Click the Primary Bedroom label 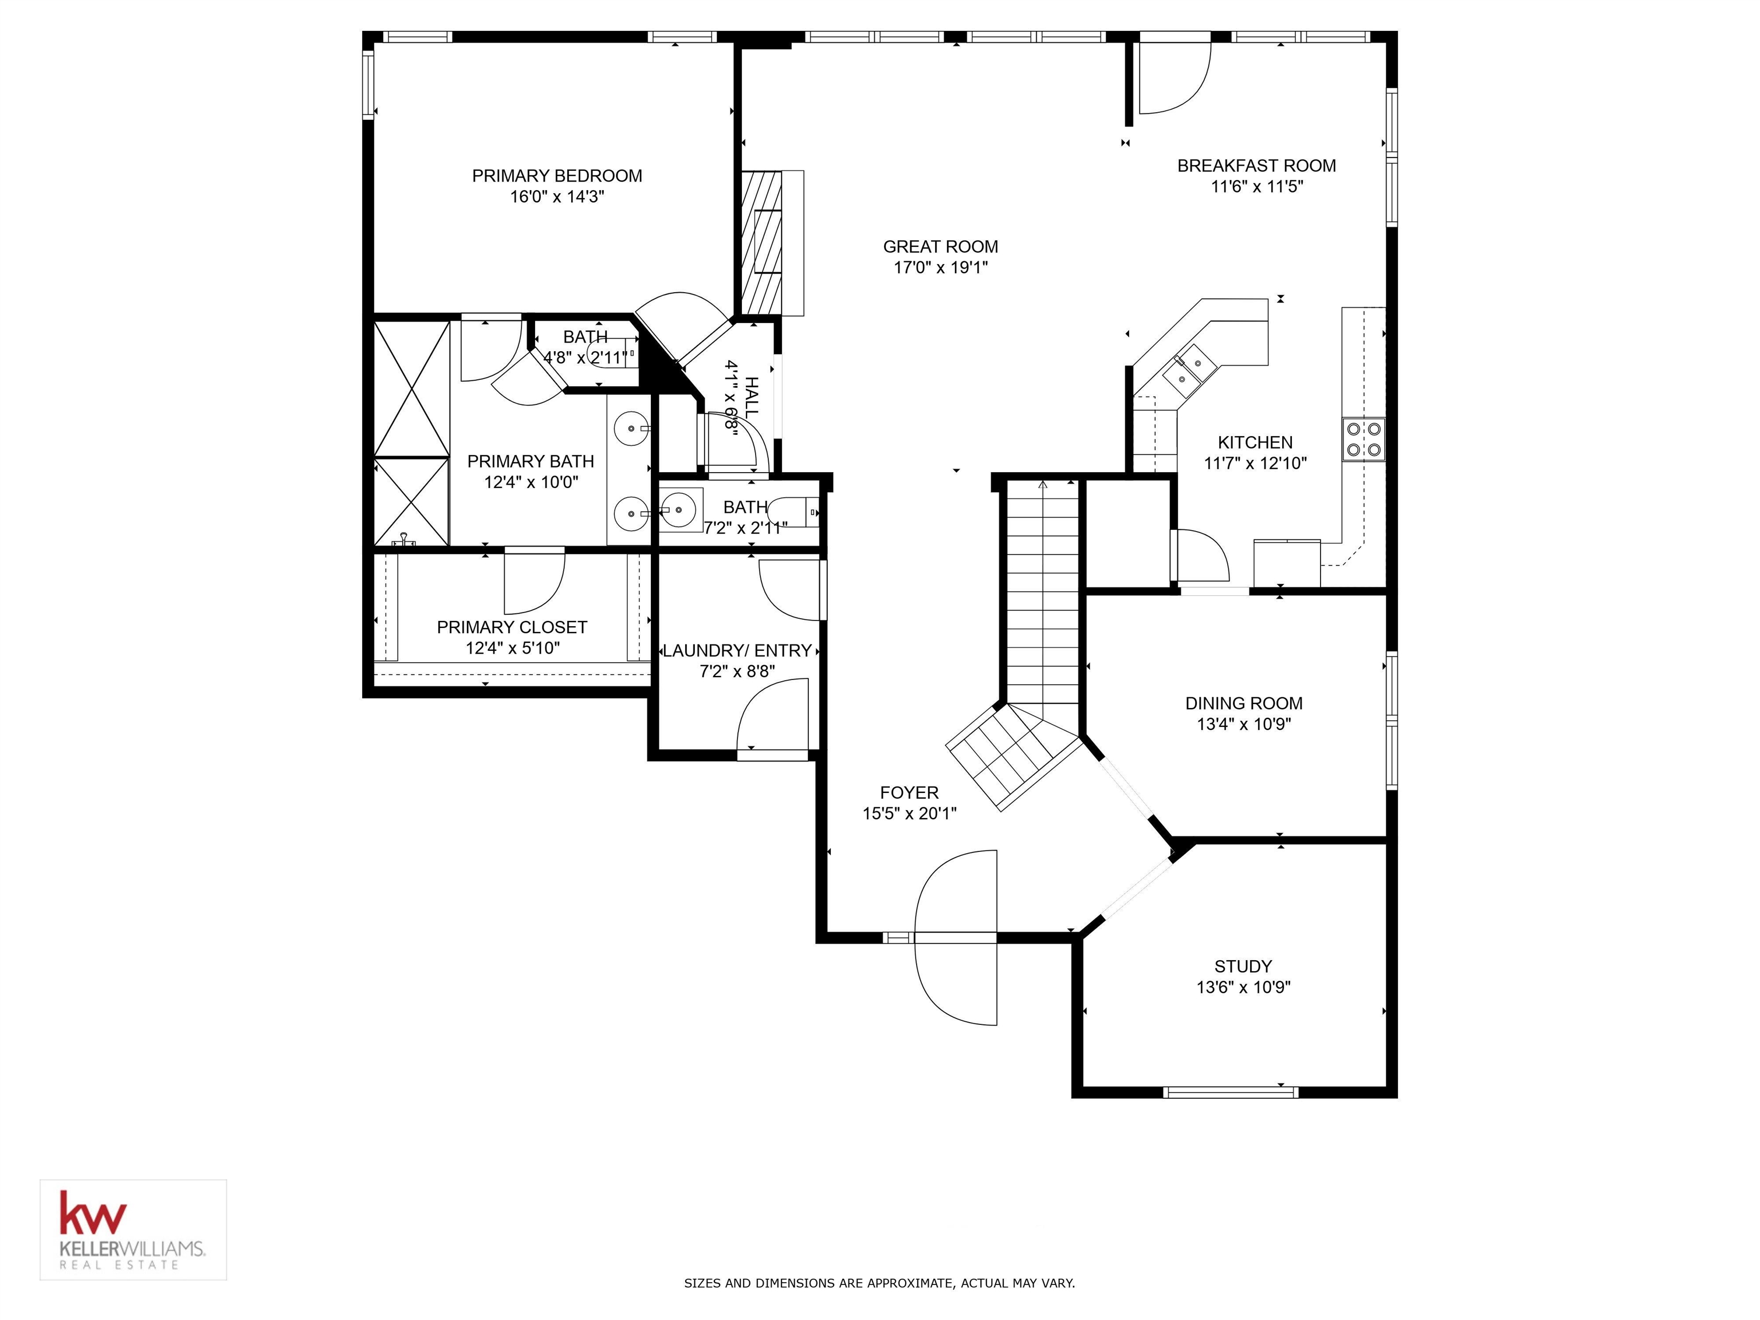pyautogui.click(x=557, y=176)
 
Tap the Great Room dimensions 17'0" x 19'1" pyautogui.click(x=941, y=268)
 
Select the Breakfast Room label pyautogui.click(x=1256, y=166)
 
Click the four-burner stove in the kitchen pyautogui.click(x=1363, y=439)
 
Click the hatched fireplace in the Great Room pyautogui.click(x=761, y=243)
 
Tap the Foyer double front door pyautogui.click(x=956, y=937)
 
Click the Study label pyautogui.click(x=1243, y=966)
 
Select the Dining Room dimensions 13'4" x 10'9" pyautogui.click(x=1244, y=724)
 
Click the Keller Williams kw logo pyautogui.click(x=93, y=1213)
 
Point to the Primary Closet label pyautogui.click(x=512, y=627)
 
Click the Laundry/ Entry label pyautogui.click(x=737, y=650)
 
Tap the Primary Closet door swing pyautogui.click(x=535, y=581)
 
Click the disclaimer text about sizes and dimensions pyautogui.click(x=879, y=1283)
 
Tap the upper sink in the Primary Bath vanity pyautogui.click(x=633, y=428)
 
